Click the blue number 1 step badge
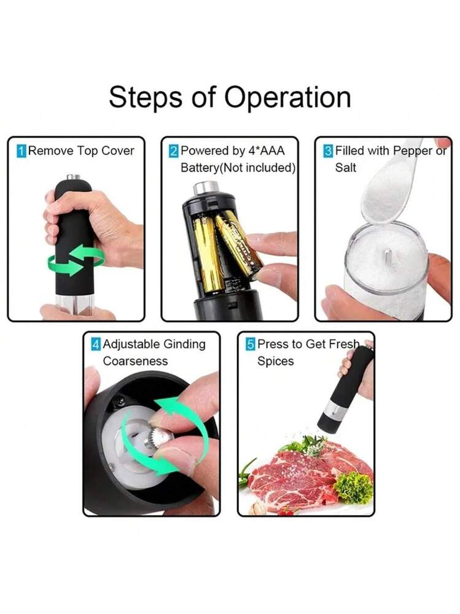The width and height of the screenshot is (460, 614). pyautogui.click(x=21, y=151)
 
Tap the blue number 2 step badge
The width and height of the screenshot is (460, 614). pyautogui.click(x=174, y=151)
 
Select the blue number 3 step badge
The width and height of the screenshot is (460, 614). pyautogui.click(x=328, y=151)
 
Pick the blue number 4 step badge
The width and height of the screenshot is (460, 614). pyautogui.click(x=96, y=345)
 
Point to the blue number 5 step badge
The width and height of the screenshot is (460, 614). pyautogui.click(x=251, y=345)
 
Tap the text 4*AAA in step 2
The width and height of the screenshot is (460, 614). pyautogui.click(x=267, y=151)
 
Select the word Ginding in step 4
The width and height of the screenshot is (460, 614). pyautogui.click(x=184, y=345)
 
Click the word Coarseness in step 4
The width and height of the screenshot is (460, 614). pyautogui.click(x=135, y=361)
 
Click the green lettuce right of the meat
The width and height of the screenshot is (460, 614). pyautogui.click(x=354, y=487)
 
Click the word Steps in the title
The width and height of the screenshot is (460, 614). pyautogui.click(x=146, y=97)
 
